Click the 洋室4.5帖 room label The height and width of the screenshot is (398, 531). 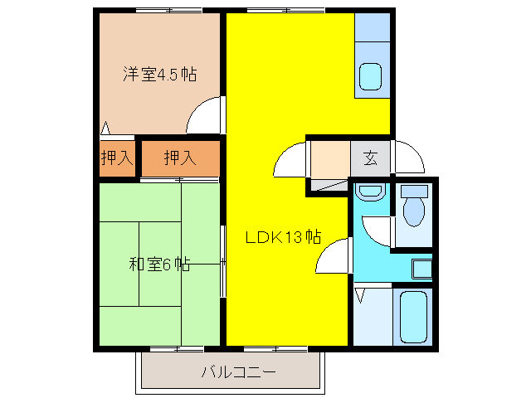tap(160, 74)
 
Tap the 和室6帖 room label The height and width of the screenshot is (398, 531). tap(160, 265)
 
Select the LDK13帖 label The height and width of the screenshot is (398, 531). tap(283, 237)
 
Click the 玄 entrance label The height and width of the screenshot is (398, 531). tap(370, 158)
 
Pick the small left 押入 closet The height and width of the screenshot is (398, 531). tap(117, 158)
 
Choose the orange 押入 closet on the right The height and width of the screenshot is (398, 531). tap(179, 158)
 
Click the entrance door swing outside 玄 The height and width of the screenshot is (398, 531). tap(408, 158)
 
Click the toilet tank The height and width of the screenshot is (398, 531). tap(412, 190)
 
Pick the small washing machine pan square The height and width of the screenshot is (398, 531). tap(421, 269)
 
